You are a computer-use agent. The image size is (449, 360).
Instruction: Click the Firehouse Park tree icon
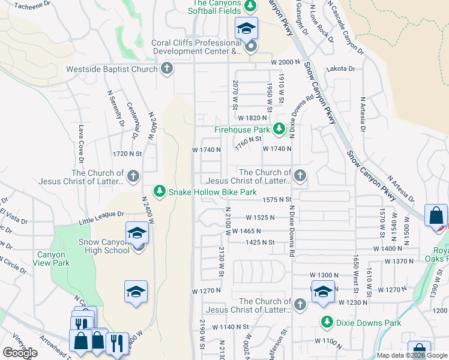tap(279, 129)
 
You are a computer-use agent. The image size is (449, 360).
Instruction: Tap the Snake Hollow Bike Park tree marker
tap(159, 191)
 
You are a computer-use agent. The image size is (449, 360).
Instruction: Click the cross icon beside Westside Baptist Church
tap(167, 69)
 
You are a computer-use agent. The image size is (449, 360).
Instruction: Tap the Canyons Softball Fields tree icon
tap(251, 6)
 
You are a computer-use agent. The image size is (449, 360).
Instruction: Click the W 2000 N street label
tap(285, 62)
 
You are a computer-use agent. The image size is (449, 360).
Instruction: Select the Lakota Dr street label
tap(337, 69)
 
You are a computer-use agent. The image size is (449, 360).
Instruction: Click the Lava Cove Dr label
tap(80, 144)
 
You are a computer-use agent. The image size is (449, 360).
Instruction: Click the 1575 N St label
tap(277, 199)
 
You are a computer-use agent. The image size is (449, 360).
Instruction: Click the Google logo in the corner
tap(20, 353)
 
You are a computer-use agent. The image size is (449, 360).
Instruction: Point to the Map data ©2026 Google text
tap(409, 355)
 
